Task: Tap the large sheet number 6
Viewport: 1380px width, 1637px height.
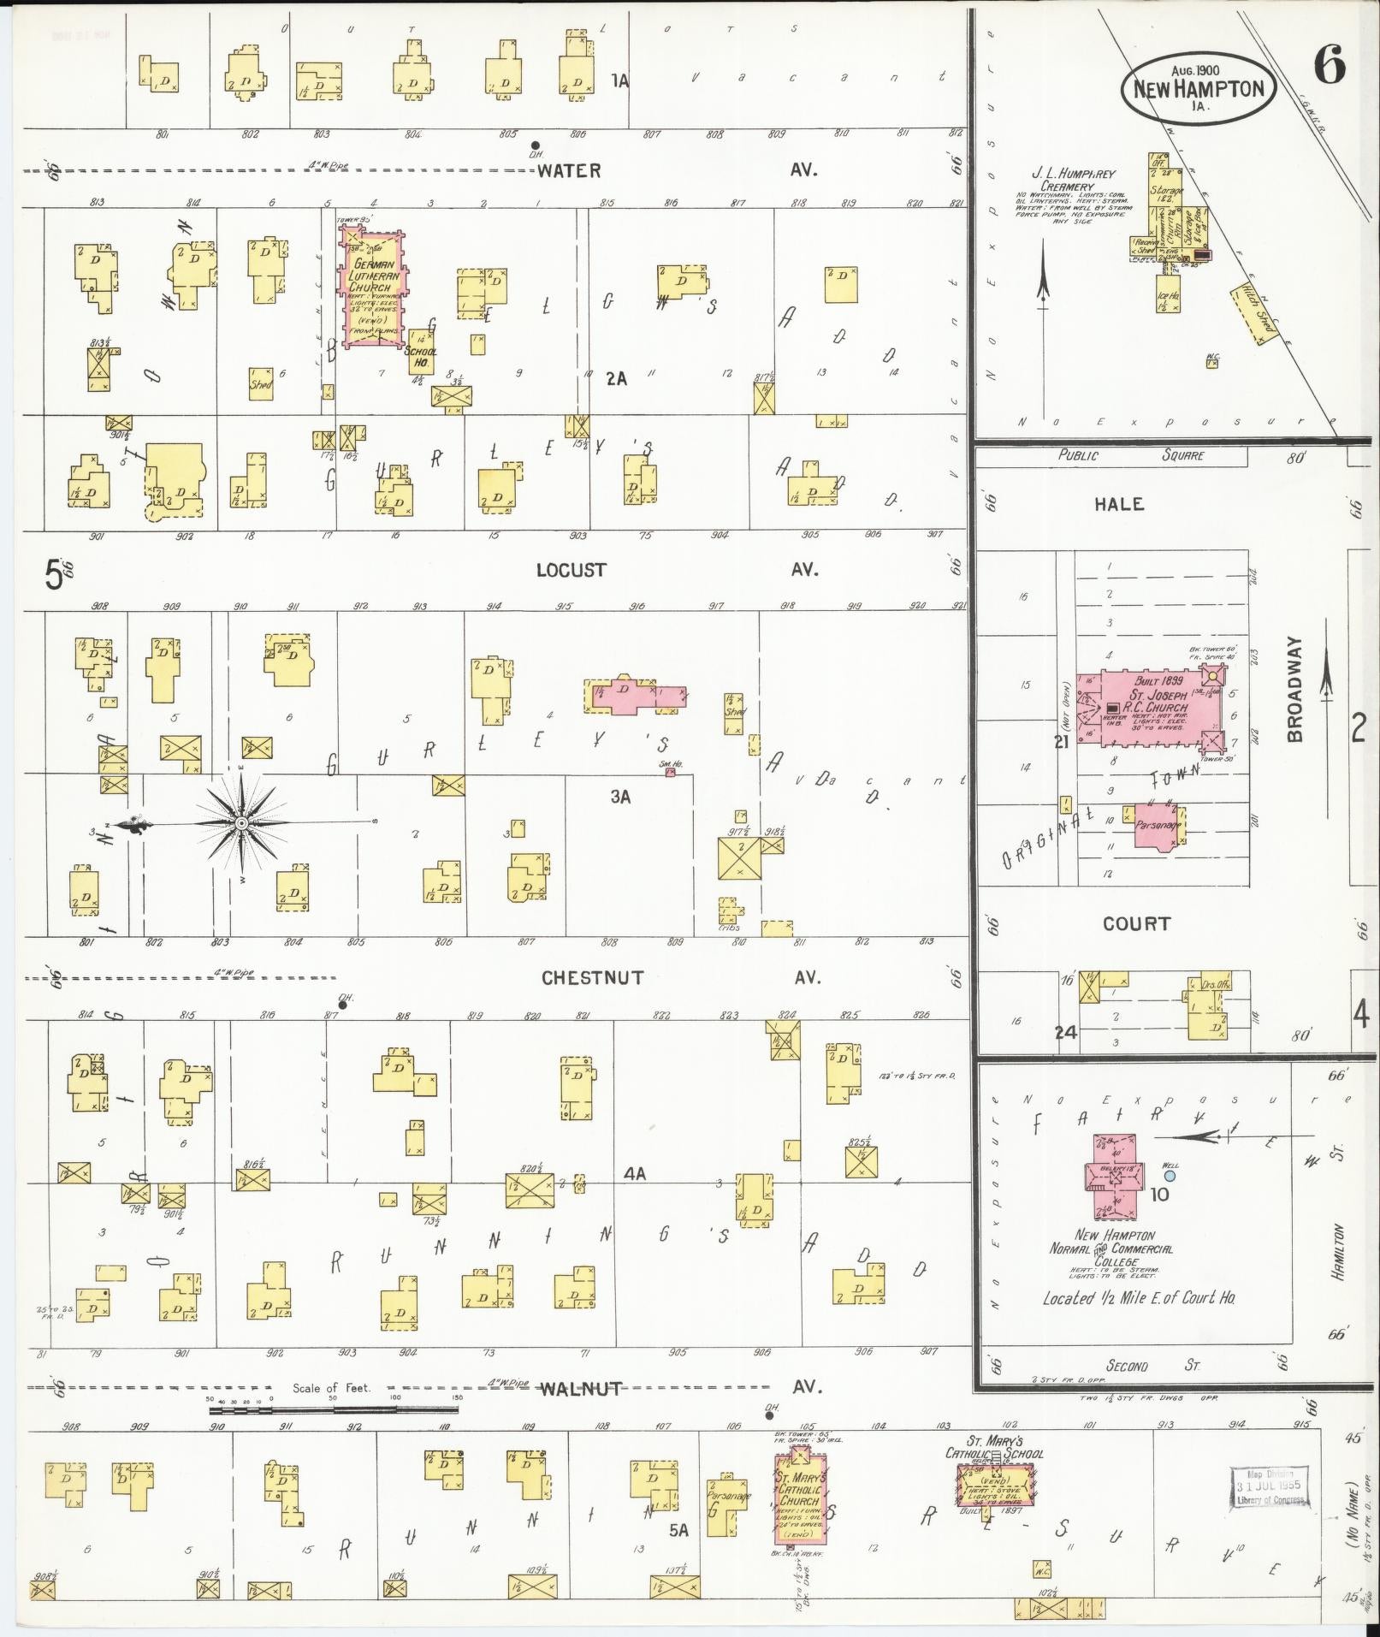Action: (1329, 66)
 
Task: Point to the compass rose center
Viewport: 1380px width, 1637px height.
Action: (241, 823)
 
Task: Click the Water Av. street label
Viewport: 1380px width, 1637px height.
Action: (569, 170)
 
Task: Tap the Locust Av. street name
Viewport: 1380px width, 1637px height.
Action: (571, 570)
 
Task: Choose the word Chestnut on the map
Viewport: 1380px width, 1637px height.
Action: (592, 977)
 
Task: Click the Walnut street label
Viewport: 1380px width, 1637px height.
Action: (579, 1388)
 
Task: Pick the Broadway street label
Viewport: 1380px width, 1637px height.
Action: (1294, 689)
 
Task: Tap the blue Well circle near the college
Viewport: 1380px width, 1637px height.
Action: (1170, 1177)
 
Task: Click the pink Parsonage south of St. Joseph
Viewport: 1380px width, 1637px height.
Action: (1159, 826)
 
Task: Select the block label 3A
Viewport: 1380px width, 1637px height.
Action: (620, 797)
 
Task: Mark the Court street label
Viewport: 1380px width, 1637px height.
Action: (1136, 923)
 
